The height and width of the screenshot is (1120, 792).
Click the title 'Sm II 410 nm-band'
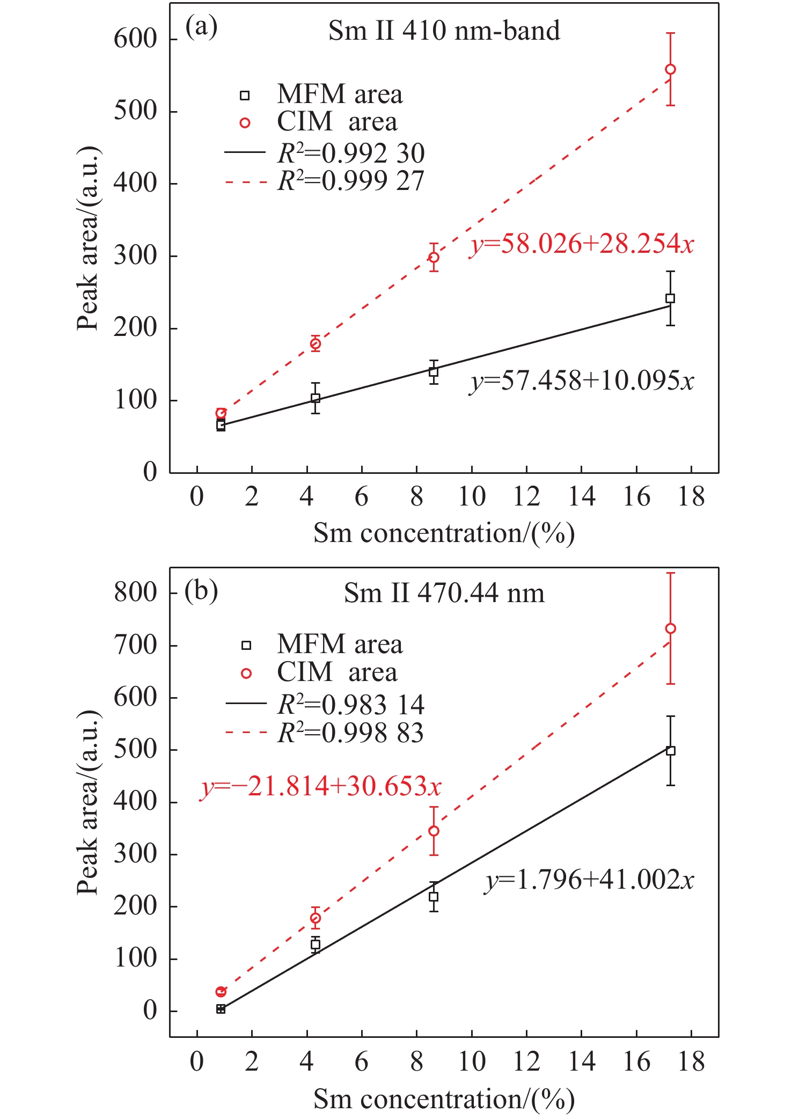click(444, 31)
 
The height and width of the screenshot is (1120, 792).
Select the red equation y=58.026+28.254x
click(582, 244)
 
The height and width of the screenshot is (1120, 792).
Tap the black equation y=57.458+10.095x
click(582, 381)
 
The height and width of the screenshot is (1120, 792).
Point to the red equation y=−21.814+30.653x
click(320, 787)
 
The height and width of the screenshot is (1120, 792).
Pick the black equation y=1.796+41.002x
click(589, 880)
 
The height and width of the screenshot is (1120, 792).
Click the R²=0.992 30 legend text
click(351, 154)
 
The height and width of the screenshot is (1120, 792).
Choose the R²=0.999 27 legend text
click(351, 181)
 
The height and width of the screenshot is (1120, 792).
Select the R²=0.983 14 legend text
click(351, 705)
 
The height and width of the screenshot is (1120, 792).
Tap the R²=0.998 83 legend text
click(351, 733)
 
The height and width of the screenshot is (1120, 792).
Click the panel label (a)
click(201, 27)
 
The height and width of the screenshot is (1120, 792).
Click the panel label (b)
click(201, 591)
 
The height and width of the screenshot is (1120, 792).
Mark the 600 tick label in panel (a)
click(135, 39)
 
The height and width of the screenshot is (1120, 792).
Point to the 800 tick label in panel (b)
click(135, 592)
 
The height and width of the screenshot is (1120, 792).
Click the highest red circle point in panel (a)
click(670, 69)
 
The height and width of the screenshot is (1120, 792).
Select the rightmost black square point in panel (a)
click(670, 298)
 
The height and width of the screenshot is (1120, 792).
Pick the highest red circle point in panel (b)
click(670, 628)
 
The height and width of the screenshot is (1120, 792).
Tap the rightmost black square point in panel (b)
click(670, 751)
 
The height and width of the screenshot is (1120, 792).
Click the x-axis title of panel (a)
click(444, 533)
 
